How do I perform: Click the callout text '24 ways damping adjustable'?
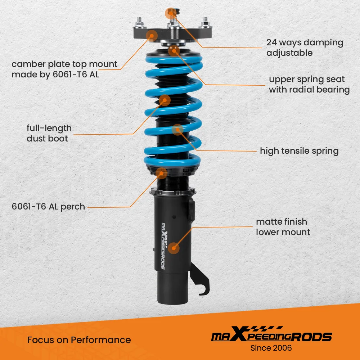[x=305, y=48]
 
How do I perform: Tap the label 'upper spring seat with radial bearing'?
[x=309, y=84]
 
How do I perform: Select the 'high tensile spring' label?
[x=299, y=151]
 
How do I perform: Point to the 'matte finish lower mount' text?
[x=283, y=227]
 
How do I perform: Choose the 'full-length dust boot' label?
[x=49, y=133]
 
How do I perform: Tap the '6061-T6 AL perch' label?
[x=48, y=207]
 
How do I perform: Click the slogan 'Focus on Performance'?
[x=79, y=340]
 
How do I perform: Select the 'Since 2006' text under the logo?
[x=271, y=348]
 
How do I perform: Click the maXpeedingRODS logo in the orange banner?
[x=271, y=334]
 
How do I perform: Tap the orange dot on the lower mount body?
[x=174, y=248]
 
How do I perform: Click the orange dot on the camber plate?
[x=152, y=36]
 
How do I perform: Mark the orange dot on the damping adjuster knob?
[x=171, y=13]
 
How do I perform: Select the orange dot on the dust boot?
[x=165, y=100]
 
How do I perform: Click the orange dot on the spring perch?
[x=161, y=173]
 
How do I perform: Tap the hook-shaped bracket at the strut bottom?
[x=200, y=280]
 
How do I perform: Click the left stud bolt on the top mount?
[x=139, y=23]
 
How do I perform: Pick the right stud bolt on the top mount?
[x=205, y=23]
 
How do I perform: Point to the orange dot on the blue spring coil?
[x=177, y=130]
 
